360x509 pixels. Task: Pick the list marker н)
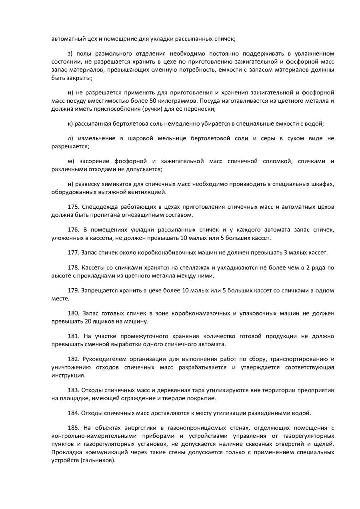pos(71,184)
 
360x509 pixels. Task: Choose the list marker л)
pos(70,138)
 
